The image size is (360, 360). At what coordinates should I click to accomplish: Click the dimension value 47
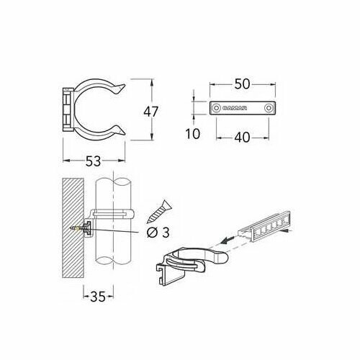[x=151, y=112]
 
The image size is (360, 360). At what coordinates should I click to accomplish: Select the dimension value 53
[x=93, y=161]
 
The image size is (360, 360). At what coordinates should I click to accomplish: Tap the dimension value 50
[x=242, y=84]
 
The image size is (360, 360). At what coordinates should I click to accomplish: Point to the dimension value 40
[x=242, y=138]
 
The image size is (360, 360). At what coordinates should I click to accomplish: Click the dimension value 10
[x=193, y=134]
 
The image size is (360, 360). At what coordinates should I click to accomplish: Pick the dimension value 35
[x=98, y=297]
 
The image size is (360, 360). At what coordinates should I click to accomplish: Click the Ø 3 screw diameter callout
[x=158, y=233]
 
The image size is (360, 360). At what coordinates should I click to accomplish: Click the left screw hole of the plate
[x=217, y=108]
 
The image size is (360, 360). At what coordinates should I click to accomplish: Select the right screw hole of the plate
[x=268, y=108]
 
